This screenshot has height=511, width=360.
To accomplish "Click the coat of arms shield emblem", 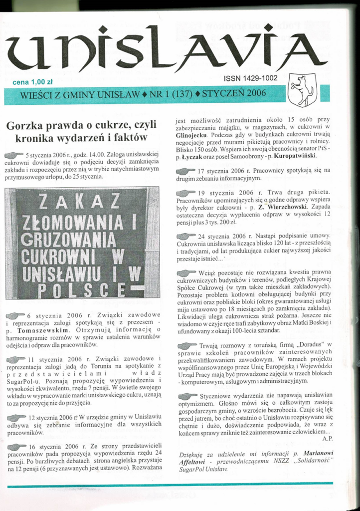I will pyautogui.click(x=302, y=89).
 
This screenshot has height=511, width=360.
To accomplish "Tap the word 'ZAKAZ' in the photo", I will pyautogui.click(x=80, y=201).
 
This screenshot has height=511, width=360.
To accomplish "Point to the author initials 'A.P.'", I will pyautogui.click(x=327, y=438).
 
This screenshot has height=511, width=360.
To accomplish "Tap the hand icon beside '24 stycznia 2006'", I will pyautogui.click(x=186, y=236).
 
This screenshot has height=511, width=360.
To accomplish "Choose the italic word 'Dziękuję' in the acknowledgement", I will pyautogui.click(x=192, y=454).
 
